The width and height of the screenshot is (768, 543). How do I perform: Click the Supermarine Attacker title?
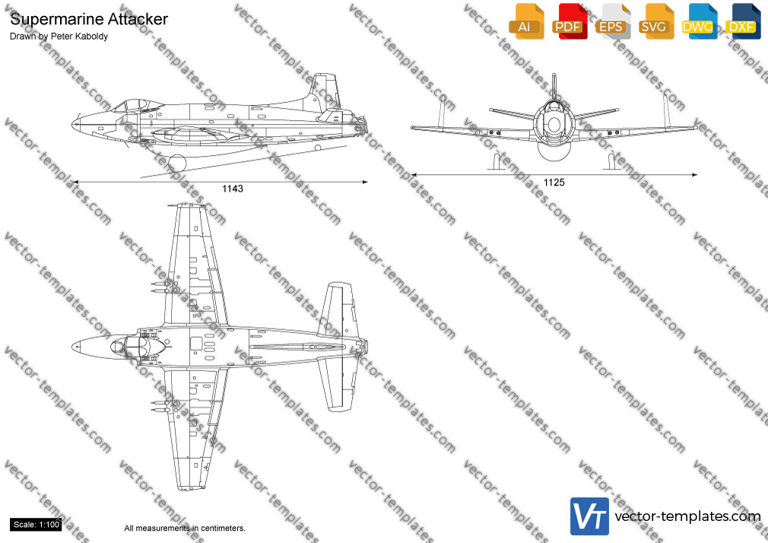pyautogui.click(x=89, y=19)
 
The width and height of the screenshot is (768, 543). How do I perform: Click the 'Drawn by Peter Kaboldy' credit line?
pyautogui.click(x=59, y=37)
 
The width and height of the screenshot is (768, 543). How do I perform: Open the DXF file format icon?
pyautogui.click(x=743, y=22)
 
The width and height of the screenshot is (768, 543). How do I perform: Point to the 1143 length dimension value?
pyautogui.click(x=233, y=189)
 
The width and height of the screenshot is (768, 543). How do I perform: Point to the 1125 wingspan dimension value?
pyautogui.click(x=554, y=183)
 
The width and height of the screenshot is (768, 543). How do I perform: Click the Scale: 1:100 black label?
pyautogui.click(x=36, y=525)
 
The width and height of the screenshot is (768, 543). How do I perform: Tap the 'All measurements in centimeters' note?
pyautogui.click(x=185, y=529)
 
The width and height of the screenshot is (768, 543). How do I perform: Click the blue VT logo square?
pyautogui.click(x=590, y=516)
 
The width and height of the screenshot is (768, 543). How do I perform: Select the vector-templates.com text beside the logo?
pyautogui.click(x=687, y=516)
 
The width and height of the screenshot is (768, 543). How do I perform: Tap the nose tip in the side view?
pyautogui.click(x=73, y=123)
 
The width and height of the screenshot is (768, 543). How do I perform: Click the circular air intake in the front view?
pyautogui.click(x=554, y=124)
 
